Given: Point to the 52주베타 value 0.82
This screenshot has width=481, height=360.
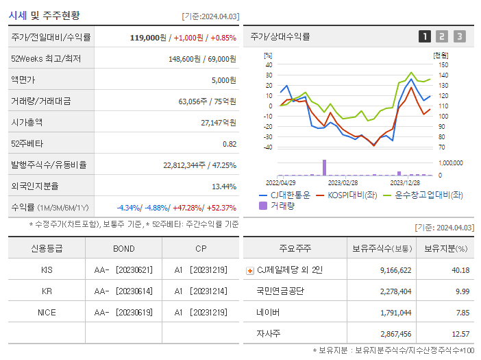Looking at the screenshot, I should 230,143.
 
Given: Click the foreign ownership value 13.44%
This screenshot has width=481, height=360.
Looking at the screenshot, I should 224,186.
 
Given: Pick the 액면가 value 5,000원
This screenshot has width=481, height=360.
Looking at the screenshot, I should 223,80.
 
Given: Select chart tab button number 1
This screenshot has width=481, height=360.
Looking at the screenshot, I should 425,36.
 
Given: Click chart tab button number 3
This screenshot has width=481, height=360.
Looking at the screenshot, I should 459,36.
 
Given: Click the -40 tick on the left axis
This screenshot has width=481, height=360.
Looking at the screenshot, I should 269,147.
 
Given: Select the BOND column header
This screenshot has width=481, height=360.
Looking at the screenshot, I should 124,248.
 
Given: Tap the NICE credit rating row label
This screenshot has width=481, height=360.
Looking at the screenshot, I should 47,312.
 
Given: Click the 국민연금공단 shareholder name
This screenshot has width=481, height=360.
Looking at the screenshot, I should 281,291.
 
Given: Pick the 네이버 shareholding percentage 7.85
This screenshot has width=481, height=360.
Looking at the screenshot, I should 461,312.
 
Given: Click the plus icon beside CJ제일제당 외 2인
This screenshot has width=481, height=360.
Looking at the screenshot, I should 249,270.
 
